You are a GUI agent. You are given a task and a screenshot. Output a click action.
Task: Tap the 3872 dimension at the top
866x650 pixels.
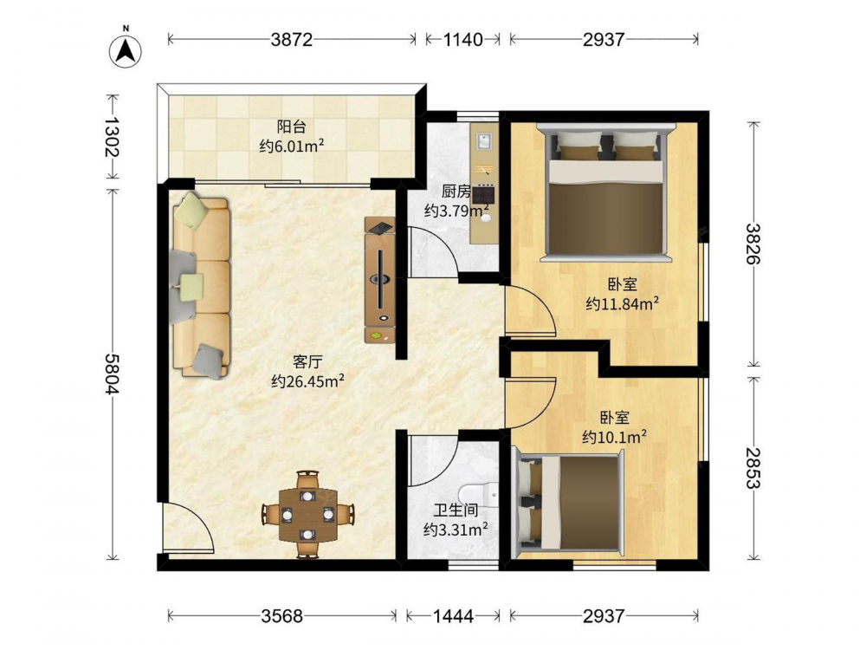[x=292, y=39]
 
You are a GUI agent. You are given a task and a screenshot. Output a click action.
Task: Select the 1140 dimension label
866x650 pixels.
[x=462, y=39]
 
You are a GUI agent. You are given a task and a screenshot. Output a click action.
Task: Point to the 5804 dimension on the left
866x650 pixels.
[x=112, y=374]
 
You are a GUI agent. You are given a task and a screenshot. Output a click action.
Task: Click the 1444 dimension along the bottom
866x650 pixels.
[x=452, y=615]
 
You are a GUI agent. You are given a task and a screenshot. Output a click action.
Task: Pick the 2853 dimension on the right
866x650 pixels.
[x=753, y=468]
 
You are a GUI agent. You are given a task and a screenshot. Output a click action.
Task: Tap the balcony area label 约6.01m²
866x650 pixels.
[x=292, y=146]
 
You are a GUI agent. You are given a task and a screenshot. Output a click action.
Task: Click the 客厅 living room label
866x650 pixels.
[x=307, y=362]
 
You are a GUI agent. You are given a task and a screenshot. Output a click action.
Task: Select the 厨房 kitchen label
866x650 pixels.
[x=456, y=192]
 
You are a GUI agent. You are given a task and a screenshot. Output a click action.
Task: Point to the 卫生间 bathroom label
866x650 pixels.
[x=456, y=510]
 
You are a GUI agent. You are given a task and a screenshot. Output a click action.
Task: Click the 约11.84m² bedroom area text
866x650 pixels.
[x=623, y=303]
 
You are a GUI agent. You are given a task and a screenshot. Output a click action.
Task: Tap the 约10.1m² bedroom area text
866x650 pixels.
[x=615, y=437]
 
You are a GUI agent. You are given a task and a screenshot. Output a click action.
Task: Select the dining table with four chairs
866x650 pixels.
[x=307, y=514]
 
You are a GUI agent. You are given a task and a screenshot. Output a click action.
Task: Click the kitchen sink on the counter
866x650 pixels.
[x=484, y=141]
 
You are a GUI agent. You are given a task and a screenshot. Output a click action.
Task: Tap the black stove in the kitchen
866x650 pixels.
[x=484, y=194]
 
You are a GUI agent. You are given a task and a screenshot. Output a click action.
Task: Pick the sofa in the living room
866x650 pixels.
[x=201, y=286]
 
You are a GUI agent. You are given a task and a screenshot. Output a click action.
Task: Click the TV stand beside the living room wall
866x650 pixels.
[x=380, y=280]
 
